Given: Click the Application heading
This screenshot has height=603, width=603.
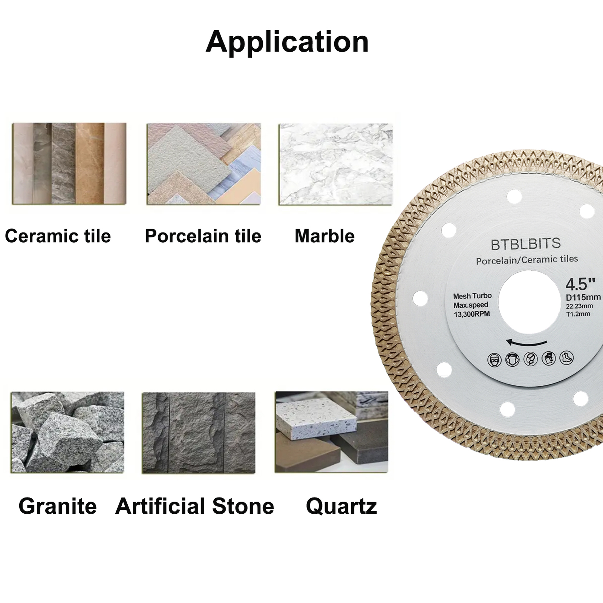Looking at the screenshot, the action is point(287,42).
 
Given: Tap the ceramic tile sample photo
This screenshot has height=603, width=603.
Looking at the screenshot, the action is point(69,164).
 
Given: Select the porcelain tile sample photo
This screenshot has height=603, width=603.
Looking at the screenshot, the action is point(204,164).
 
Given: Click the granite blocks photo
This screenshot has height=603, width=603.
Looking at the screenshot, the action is point(68,432).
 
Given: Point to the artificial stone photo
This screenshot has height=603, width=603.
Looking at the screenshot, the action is point(199,433).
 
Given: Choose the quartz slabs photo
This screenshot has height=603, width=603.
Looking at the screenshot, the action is point(332,432).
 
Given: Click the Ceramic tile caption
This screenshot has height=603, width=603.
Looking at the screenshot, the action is point(58,236).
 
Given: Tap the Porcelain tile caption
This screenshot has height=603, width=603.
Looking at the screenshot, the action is point(203,236).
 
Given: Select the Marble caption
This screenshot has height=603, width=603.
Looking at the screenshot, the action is point(324,236).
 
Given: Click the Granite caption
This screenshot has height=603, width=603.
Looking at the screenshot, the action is point(58,506).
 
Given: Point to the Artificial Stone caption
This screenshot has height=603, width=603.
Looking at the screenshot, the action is point(195,506).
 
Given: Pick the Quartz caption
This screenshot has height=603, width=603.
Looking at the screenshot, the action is point(341,507).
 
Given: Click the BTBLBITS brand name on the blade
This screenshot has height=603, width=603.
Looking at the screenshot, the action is point(526,244).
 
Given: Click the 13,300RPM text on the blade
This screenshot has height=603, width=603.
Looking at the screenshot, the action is point(472,314).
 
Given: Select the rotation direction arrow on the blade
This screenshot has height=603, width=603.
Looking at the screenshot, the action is point(526,343).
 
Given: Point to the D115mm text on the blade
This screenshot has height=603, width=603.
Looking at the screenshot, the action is point(583,298).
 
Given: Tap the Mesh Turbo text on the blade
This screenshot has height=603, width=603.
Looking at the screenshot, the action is point(472,296).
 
